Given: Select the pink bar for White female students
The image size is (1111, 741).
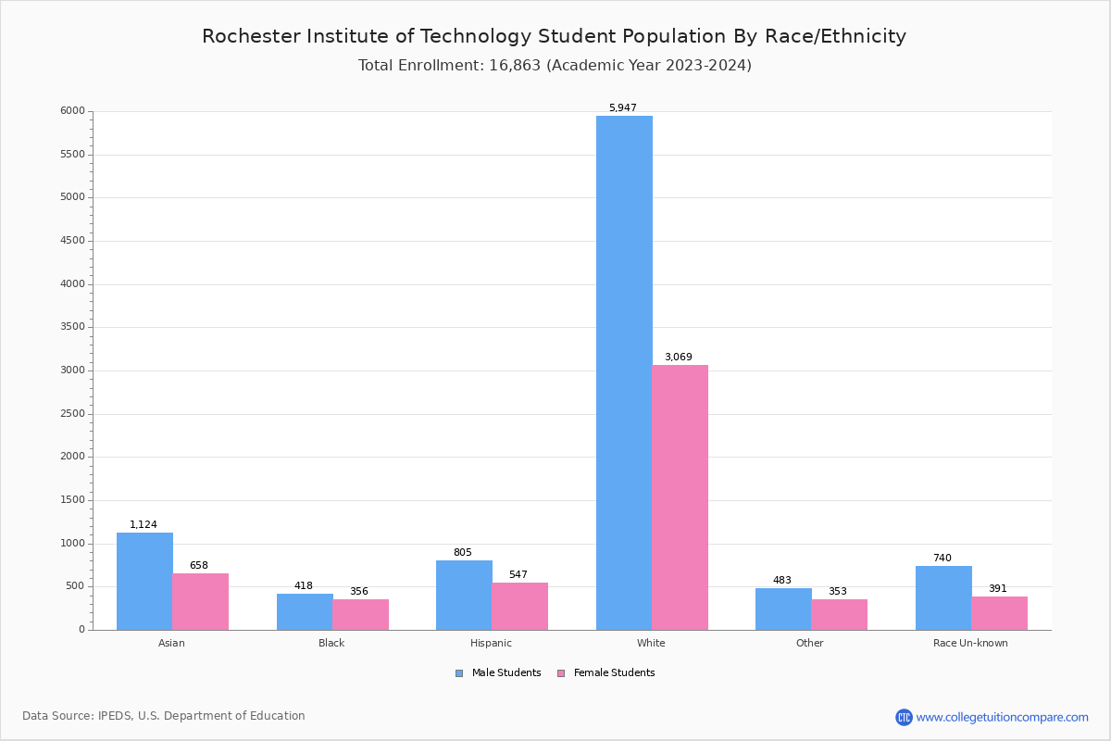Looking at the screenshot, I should pyautogui.click(x=680, y=497).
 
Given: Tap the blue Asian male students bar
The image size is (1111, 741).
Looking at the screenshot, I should pyautogui.click(x=144, y=581).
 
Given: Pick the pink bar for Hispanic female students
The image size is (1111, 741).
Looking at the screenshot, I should pyautogui.click(x=519, y=606).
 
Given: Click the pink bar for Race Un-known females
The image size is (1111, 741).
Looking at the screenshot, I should pyautogui.click(x=999, y=613).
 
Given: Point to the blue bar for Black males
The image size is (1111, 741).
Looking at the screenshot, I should pyautogui.click(x=305, y=611).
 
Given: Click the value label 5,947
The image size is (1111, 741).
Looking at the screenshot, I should pyautogui.click(x=622, y=108).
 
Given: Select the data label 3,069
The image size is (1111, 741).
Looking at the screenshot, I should pyautogui.click(x=678, y=358).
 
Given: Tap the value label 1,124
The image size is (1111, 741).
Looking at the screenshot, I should pyautogui.click(x=144, y=525).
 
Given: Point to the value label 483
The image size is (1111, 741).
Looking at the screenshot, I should pyautogui.click(x=782, y=581).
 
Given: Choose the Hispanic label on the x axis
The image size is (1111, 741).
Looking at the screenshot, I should pyautogui.click(x=491, y=643).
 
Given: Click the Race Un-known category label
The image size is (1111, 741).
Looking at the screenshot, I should pyautogui.click(x=970, y=643).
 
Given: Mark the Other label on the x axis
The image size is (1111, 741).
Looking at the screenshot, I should pyautogui.click(x=809, y=643).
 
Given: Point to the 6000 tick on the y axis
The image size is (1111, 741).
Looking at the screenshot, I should pyautogui.click(x=73, y=111).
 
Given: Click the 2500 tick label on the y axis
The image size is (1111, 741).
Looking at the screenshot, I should pyautogui.click(x=73, y=414).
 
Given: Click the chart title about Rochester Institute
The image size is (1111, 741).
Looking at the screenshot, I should pyautogui.click(x=554, y=37).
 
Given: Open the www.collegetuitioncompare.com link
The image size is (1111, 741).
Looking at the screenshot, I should pyautogui.click(x=1002, y=717).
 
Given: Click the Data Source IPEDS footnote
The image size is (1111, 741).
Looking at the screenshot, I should pyautogui.click(x=164, y=716).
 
